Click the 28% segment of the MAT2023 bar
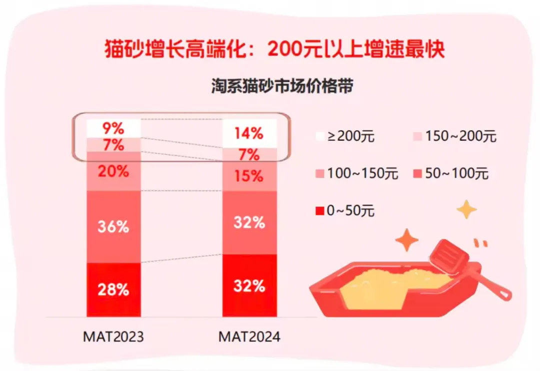[x=113, y=289]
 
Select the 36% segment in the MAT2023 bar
[x=113, y=227]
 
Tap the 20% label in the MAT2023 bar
[x=113, y=171]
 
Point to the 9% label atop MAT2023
[x=113, y=128]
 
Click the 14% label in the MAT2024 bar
[x=249, y=134]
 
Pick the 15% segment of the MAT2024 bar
[x=249, y=176]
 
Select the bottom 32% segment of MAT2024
[x=249, y=286]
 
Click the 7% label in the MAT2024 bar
[x=249, y=155]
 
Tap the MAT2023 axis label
[x=113, y=336]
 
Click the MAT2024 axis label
[x=249, y=336]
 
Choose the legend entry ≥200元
[x=350, y=136]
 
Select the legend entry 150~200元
[x=455, y=136]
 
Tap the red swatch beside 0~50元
[x=320, y=211]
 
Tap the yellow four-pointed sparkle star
[x=466, y=209]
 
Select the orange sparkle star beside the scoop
[x=407, y=241]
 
